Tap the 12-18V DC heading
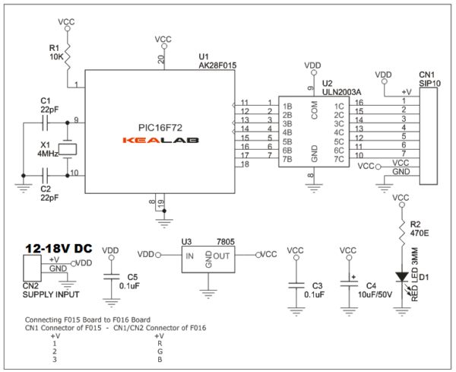[x=59, y=249]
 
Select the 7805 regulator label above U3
[x=225, y=242]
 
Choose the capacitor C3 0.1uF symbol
[x=296, y=285]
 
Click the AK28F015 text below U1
[x=217, y=66]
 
